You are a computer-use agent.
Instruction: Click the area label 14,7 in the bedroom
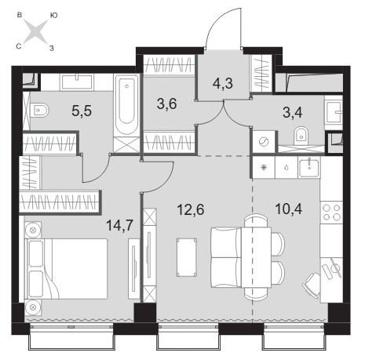(x=120, y=225)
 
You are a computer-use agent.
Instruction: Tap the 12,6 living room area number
(x=191, y=209)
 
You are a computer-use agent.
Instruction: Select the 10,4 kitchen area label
(x=289, y=209)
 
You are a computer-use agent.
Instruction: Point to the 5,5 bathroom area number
(x=82, y=111)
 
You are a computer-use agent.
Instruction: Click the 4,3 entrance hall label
(x=223, y=84)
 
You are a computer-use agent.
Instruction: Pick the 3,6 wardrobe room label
(x=166, y=104)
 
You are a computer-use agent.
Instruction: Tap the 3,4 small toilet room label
(x=293, y=113)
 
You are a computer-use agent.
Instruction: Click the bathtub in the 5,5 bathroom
(x=126, y=105)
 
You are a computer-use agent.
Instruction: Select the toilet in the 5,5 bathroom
(x=39, y=111)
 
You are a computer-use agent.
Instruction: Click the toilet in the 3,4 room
(x=301, y=136)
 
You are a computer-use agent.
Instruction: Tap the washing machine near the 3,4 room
(x=264, y=142)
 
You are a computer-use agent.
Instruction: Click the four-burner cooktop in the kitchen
(x=332, y=212)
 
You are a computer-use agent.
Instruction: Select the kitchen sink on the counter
(x=309, y=167)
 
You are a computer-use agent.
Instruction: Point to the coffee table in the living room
(x=187, y=257)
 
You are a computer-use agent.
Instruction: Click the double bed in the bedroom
(x=66, y=268)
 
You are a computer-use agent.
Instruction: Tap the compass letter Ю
(x=53, y=16)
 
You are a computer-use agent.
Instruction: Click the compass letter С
(x=19, y=46)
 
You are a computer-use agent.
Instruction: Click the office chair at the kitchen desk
(x=312, y=285)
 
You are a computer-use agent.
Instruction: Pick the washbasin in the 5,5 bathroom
(x=77, y=82)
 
